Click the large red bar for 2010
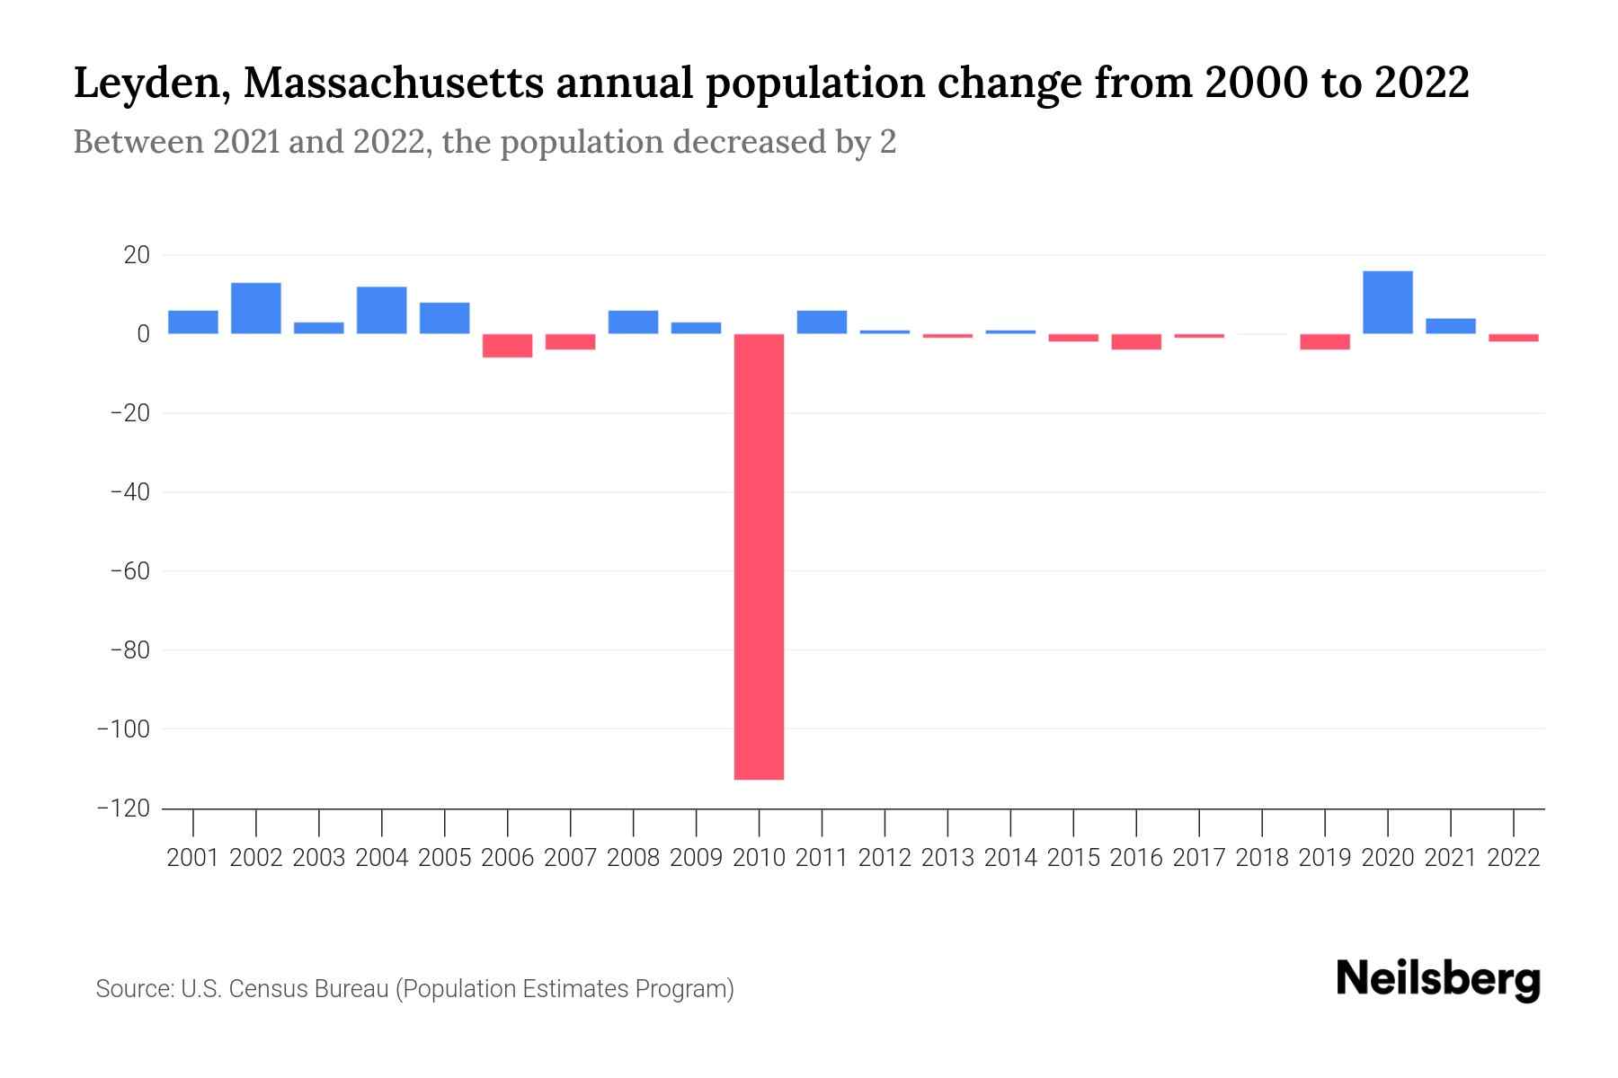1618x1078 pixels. click(x=759, y=557)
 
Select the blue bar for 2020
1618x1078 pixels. click(x=1387, y=303)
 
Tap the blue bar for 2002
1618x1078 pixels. click(x=256, y=308)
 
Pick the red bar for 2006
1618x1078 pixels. click(x=507, y=346)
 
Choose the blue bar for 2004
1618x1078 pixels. click(x=381, y=310)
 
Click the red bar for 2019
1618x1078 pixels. click(x=1324, y=342)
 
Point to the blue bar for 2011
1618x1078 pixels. click(x=822, y=323)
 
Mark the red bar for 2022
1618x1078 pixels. click(x=1513, y=338)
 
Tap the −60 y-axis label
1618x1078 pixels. click(x=129, y=571)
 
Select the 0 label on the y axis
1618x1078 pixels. click(x=142, y=334)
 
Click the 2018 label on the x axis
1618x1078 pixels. click(x=1262, y=858)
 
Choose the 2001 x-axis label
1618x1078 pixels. click(x=193, y=858)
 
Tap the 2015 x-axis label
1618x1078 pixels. click(x=1073, y=858)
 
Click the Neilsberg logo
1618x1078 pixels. click(x=1438, y=979)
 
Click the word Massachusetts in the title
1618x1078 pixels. click(x=393, y=84)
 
